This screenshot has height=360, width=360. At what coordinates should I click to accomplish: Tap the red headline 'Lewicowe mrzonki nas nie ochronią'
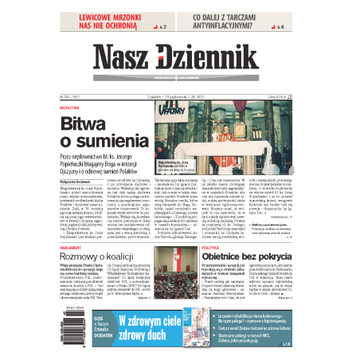click(x=112, y=22)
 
